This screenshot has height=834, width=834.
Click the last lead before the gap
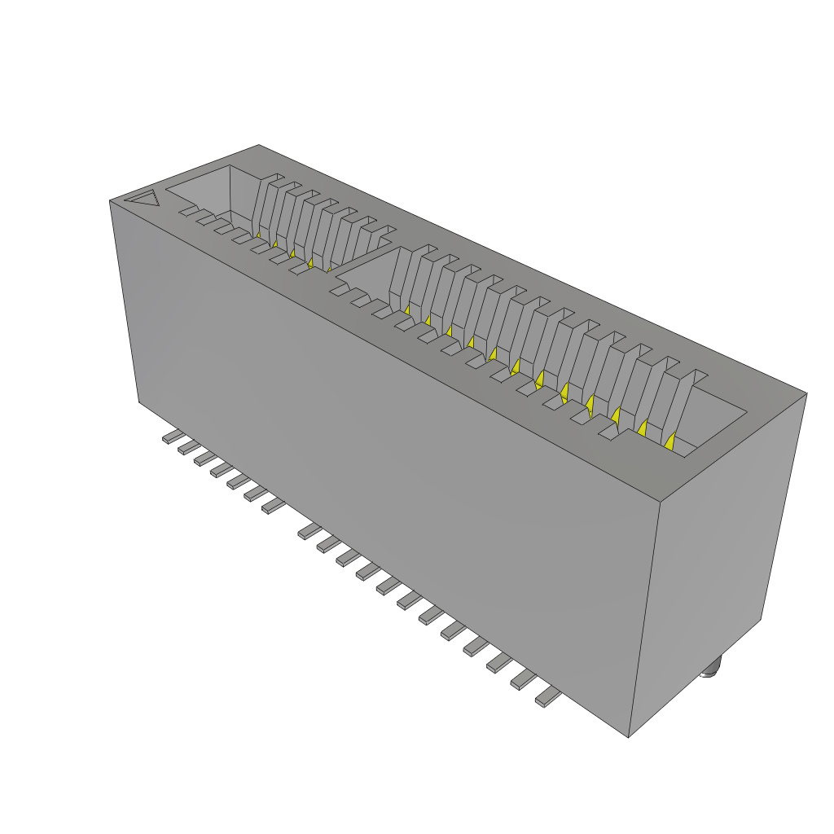[x=273, y=507]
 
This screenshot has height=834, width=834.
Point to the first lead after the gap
[x=309, y=531]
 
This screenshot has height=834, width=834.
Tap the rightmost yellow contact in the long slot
[x=670, y=441]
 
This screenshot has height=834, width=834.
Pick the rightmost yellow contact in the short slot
[x=330, y=266]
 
